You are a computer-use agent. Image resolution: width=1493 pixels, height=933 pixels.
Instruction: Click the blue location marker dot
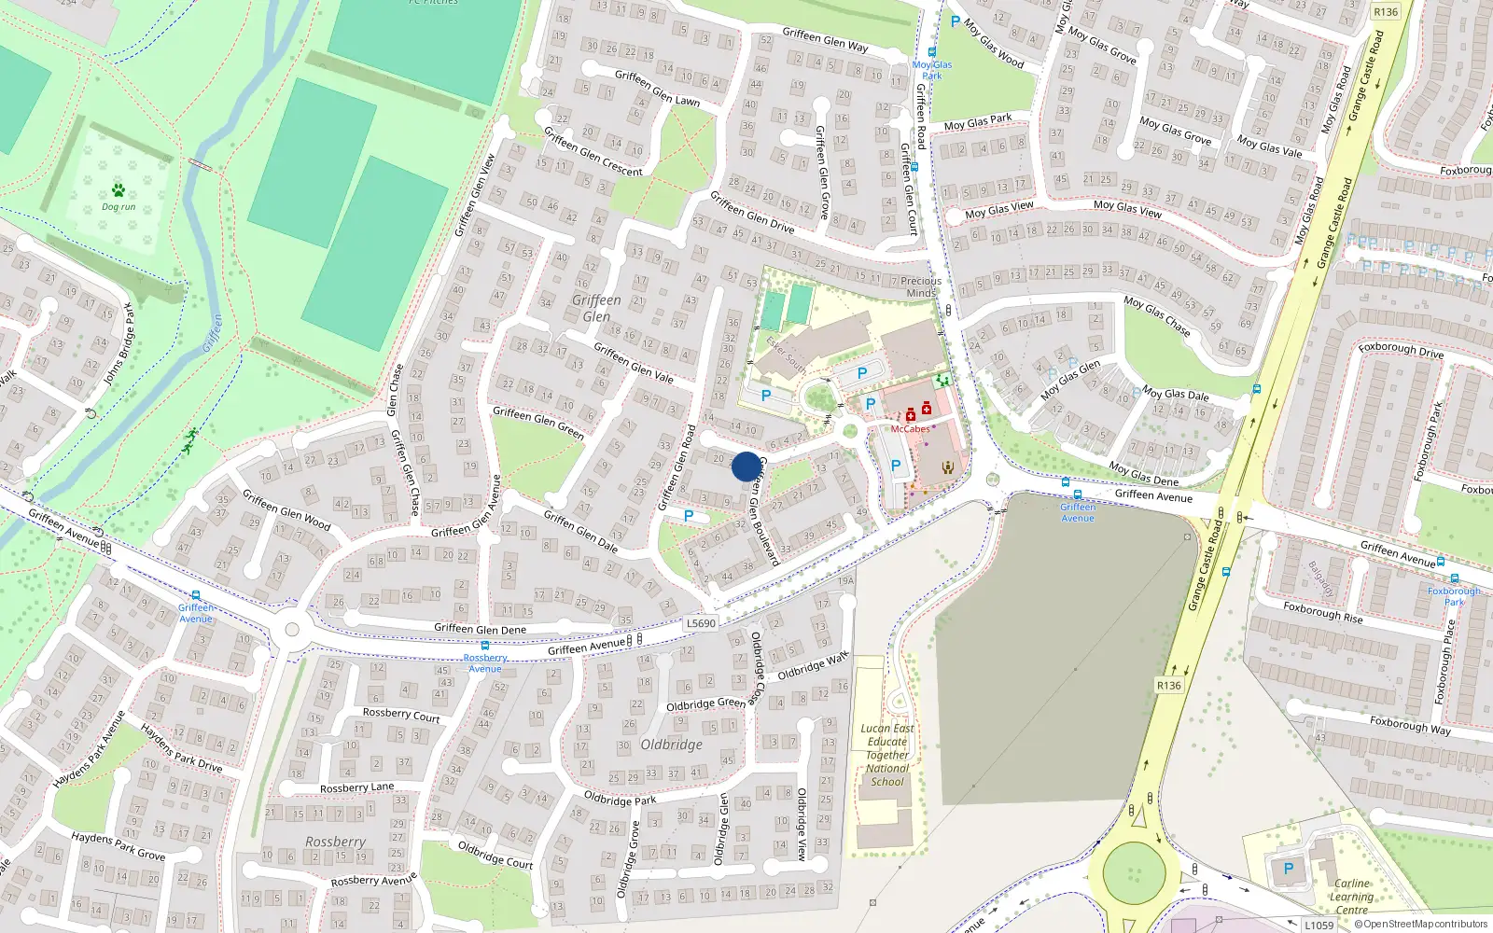pyautogui.click(x=746, y=466)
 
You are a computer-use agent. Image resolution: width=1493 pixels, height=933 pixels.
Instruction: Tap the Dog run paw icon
pyautogui.click(x=119, y=191)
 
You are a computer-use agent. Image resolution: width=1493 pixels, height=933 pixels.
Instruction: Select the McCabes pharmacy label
pyautogui.click(x=910, y=429)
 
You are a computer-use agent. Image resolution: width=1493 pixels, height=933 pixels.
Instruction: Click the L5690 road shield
pyautogui.click(x=700, y=623)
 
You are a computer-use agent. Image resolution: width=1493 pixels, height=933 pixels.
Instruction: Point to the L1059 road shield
pyautogui.click(x=1319, y=925)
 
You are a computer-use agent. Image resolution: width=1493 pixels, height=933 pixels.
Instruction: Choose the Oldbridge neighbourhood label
pyautogui.click(x=672, y=745)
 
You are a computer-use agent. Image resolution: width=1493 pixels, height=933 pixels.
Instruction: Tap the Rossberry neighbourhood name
pyautogui.click(x=335, y=842)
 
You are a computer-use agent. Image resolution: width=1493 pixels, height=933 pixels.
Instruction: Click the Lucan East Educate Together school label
pyautogui.click(x=887, y=755)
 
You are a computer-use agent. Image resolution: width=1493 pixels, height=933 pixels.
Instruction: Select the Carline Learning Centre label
pyautogui.click(x=1351, y=896)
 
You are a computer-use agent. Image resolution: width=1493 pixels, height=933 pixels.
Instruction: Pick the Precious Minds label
pyautogui.click(x=921, y=286)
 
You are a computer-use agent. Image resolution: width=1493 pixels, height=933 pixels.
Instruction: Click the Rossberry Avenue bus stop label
pyautogui.click(x=485, y=663)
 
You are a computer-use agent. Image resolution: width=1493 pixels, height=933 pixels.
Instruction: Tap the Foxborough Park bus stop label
pyautogui.click(x=1454, y=596)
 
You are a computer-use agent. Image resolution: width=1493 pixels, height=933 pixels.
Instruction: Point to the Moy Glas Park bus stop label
pyautogui.click(x=932, y=70)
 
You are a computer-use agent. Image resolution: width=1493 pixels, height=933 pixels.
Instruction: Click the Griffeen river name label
pyautogui.click(x=214, y=333)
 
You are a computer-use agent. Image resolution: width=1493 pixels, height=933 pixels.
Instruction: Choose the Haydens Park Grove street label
pyautogui.click(x=119, y=847)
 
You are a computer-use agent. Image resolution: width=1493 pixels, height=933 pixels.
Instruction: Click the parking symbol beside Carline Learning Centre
pyautogui.click(x=1289, y=869)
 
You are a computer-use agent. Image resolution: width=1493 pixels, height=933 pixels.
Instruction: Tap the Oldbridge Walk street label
pyautogui.click(x=813, y=665)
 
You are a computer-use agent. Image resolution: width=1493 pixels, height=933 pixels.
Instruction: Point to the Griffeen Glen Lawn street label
pyautogui.click(x=657, y=88)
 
